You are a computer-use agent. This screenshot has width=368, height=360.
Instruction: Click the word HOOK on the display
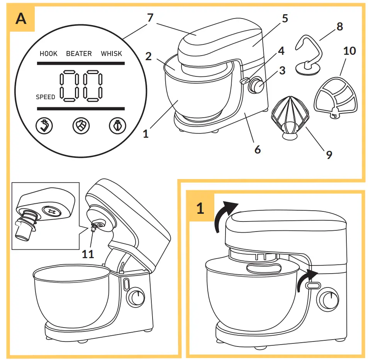pos(48,54)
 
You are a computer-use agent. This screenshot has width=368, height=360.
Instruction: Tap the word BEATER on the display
pos(79,54)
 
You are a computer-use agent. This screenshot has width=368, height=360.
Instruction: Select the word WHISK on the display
pos(111,54)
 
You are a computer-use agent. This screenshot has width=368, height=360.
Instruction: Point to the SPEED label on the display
pos(46,97)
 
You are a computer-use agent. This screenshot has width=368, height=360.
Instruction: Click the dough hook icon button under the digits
pos(44,125)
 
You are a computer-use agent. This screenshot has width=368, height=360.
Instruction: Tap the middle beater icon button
pos(81,125)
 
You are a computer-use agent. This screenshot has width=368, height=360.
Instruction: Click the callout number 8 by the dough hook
pos(339,27)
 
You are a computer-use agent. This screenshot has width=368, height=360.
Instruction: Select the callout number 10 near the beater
pos(349,51)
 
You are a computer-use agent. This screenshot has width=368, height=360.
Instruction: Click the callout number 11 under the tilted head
pos(88,254)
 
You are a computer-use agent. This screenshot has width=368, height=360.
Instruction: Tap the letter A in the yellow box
pos(21,19)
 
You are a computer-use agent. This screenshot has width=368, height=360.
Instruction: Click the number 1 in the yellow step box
pos(200,208)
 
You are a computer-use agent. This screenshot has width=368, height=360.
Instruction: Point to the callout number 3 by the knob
pos(282,71)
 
